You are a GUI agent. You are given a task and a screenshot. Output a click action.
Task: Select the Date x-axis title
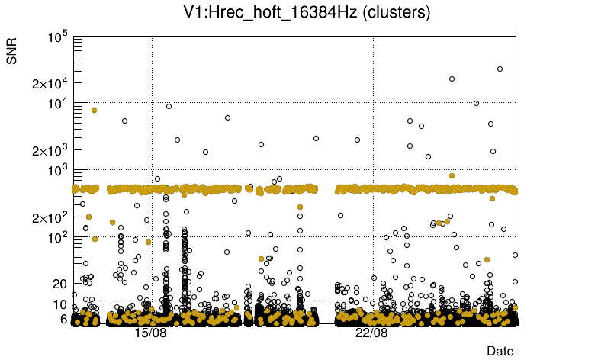coord(500,351)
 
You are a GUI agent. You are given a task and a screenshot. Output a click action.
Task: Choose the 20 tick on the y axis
coord(61,284)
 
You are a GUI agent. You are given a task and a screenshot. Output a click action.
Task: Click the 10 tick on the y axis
coord(61,304)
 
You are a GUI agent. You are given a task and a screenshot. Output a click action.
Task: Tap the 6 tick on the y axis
coord(64,319)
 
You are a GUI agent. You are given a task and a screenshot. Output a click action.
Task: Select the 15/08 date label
coord(151,333)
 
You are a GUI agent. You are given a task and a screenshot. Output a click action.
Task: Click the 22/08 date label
coord(372,333)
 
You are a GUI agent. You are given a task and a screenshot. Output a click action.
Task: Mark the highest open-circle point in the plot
coord(500,69)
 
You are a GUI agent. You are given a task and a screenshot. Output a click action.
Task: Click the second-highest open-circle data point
coord(452,79)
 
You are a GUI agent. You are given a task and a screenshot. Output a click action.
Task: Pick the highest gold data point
coord(94,110)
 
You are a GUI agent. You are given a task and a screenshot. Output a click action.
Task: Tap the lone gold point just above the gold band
coord(452,175)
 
